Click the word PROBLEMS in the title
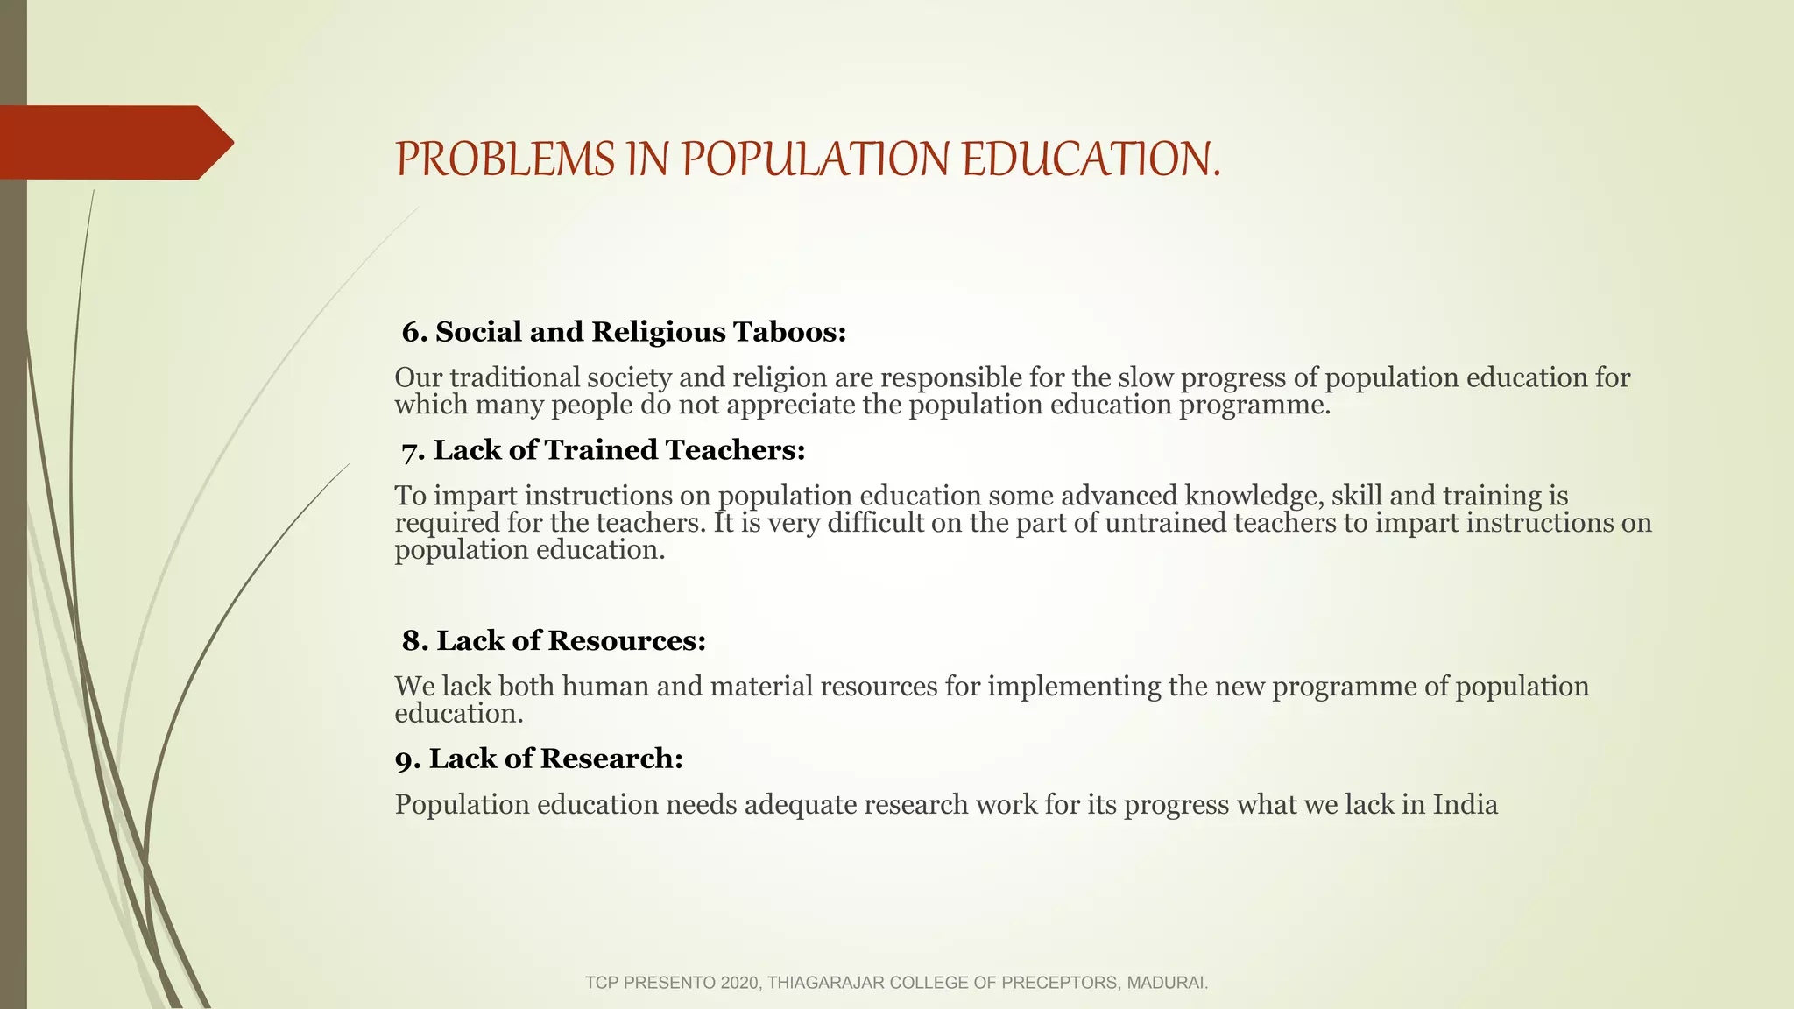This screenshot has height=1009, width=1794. click(x=505, y=159)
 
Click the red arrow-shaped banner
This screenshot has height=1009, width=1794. click(x=114, y=142)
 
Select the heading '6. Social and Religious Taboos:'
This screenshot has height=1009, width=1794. click(x=624, y=332)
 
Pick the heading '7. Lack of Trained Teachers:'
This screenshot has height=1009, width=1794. click(x=604, y=450)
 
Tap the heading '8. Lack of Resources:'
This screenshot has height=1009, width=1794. click(x=554, y=641)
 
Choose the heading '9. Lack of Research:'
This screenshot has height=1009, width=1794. click(x=539, y=759)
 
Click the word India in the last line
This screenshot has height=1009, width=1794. click(x=1465, y=804)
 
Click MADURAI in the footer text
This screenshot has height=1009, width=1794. click(x=1167, y=983)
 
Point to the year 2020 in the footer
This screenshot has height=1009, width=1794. click(x=740, y=983)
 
